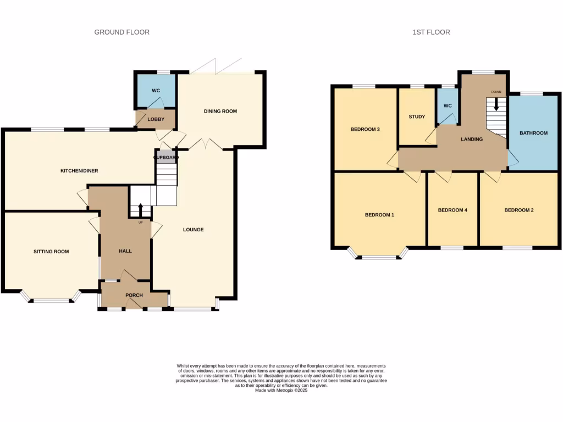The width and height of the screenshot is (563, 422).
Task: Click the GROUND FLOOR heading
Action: click(x=122, y=32)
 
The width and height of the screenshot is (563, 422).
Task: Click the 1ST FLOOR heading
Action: click(x=431, y=32)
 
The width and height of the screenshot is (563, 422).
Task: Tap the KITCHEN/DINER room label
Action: click(x=79, y=171)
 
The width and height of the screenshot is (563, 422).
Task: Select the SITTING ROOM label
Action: click(x=51, y=252)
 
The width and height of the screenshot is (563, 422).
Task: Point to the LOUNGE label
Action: click(x=194, y=230)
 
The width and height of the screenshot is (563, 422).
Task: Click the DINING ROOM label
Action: click(x=220, y=112)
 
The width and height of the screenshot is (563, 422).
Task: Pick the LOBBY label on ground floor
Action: click(x=156, y=119)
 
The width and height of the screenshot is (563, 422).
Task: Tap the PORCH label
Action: click(x=134, y=296)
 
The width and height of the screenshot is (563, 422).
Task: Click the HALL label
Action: click(x=125, y=251)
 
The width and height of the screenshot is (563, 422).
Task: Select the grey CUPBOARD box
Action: click(x=166, y=158)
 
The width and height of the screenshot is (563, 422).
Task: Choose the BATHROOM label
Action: click(x=533, y=133)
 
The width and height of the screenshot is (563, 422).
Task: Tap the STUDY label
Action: click(x=416, y=117)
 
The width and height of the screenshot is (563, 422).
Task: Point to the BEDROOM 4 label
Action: click(x=452, y=210)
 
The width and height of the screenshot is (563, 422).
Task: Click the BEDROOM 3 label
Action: click(x=365, y=130)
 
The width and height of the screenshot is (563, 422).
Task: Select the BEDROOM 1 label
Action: click(x=379, y=215)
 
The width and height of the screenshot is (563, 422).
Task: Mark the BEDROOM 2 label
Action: click(x=519, y=210)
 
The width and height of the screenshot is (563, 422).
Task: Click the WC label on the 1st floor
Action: click(x=448, y=105)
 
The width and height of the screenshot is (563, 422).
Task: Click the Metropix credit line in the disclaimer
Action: click(x=281, y=390)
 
